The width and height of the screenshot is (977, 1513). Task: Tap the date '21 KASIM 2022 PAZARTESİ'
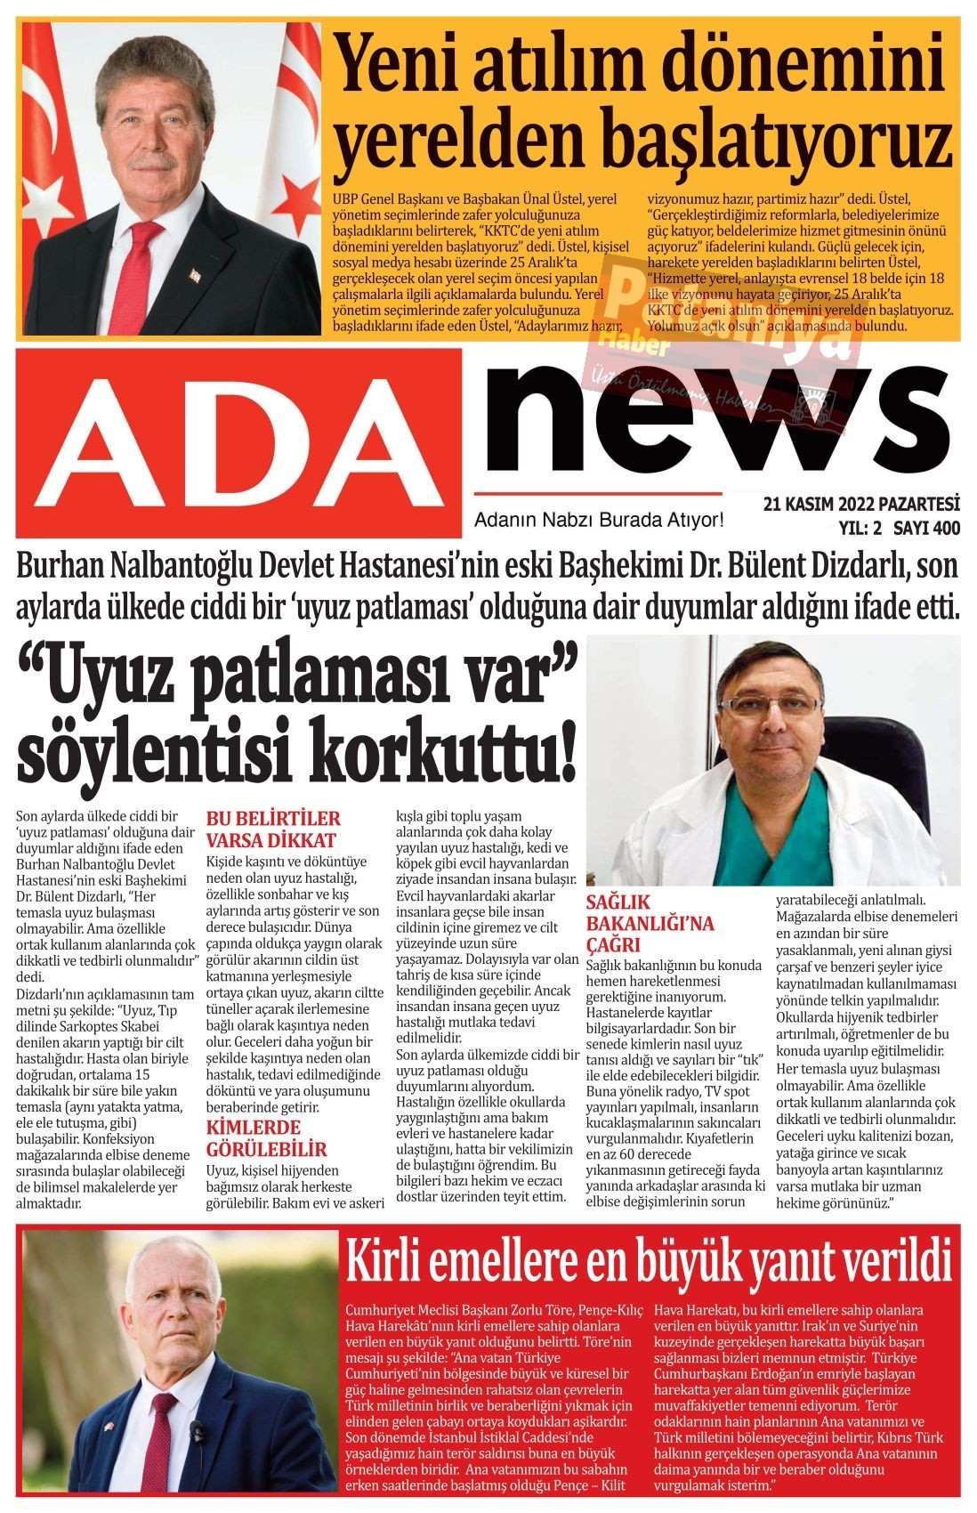tap(861, 504)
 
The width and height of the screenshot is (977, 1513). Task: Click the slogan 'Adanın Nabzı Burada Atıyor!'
tap(600, 519)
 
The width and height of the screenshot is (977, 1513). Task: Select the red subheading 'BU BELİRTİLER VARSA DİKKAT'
tap(273, 829)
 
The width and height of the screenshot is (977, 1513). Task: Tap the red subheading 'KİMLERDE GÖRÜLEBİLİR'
tap(266, 1138)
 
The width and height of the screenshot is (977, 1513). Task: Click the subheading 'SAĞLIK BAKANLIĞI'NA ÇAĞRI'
tap(650, 923)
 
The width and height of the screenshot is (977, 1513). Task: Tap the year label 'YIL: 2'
tap(859, 529)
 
